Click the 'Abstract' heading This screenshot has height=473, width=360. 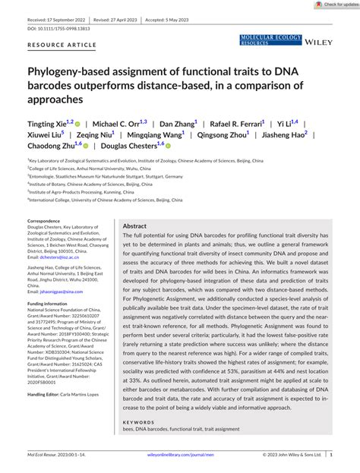134,226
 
